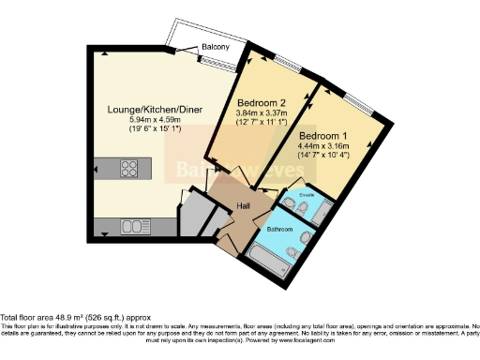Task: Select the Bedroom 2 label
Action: (x=261, y=102)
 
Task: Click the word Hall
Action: (x=243, y=205)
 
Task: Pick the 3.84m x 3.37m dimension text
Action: (x=261, y=112)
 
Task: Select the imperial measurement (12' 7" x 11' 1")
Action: (x=261, y=122)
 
